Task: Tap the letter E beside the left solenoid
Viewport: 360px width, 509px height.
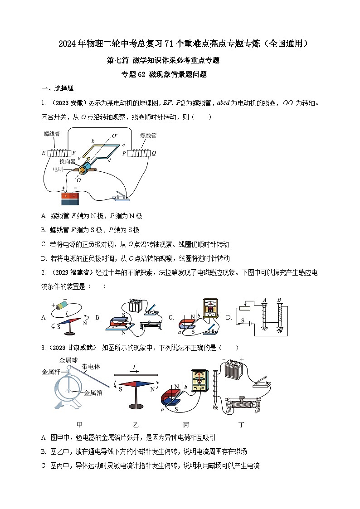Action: tap(44, 153)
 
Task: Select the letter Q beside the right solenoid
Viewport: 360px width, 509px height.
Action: tap(154, 153)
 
